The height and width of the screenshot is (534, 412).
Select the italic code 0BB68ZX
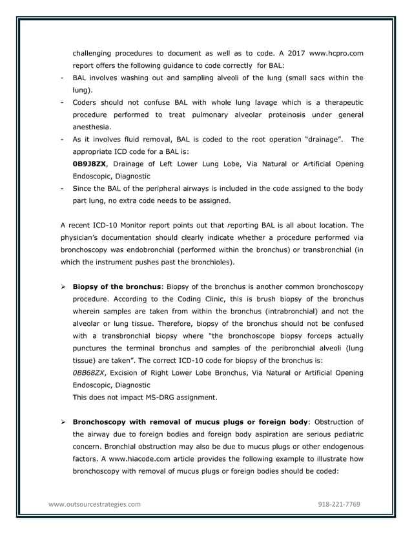click(x=90, y=373)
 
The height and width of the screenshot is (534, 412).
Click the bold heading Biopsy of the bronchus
click(x=116, y=286)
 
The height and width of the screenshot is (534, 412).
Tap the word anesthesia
click(x=92, y=127)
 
